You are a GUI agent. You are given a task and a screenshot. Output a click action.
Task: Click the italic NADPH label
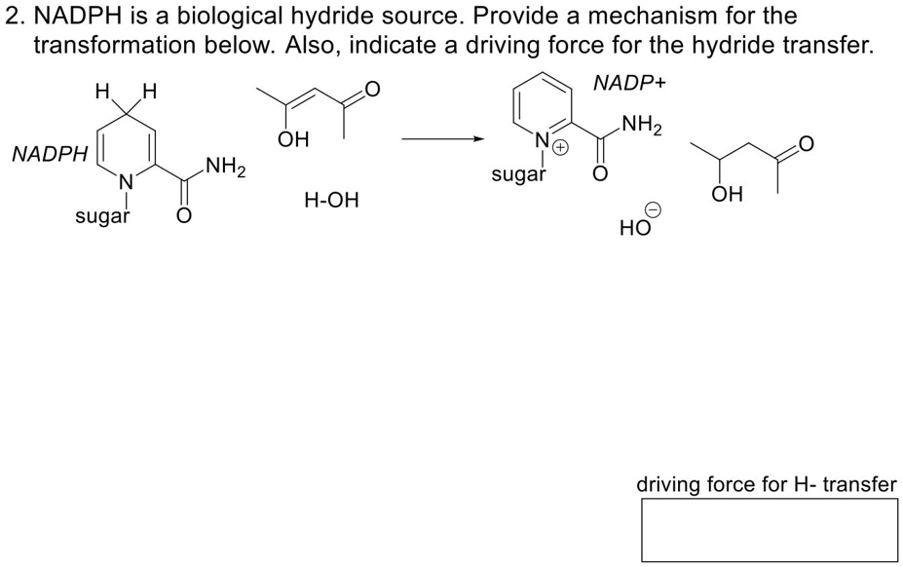pyautogui.click(x=50, y=154)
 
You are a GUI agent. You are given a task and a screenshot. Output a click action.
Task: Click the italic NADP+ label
pyautogui.click(x=629, y=84)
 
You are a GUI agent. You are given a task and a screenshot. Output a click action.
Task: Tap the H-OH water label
pyautogui.click(x=331, y=201)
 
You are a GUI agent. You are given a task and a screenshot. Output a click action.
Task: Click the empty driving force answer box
pyautogui.click(x=769, y=530)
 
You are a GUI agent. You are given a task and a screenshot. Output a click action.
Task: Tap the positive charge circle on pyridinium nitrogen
pyautogui.click(x=562, y=147)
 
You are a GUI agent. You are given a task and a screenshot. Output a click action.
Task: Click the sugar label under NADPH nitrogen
pyautogui.click(x=102, y=216)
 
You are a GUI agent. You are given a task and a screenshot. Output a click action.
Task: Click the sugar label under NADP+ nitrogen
pyautogui.click(x=518, y=174)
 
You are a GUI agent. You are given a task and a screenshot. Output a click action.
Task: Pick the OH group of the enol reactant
pyautogui.click(x=292, y=140)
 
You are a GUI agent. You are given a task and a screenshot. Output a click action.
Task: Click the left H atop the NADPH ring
pyautogui.click(x=101, y=94)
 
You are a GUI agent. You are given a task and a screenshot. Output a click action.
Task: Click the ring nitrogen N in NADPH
pyautogui.click(x=125, y=181)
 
